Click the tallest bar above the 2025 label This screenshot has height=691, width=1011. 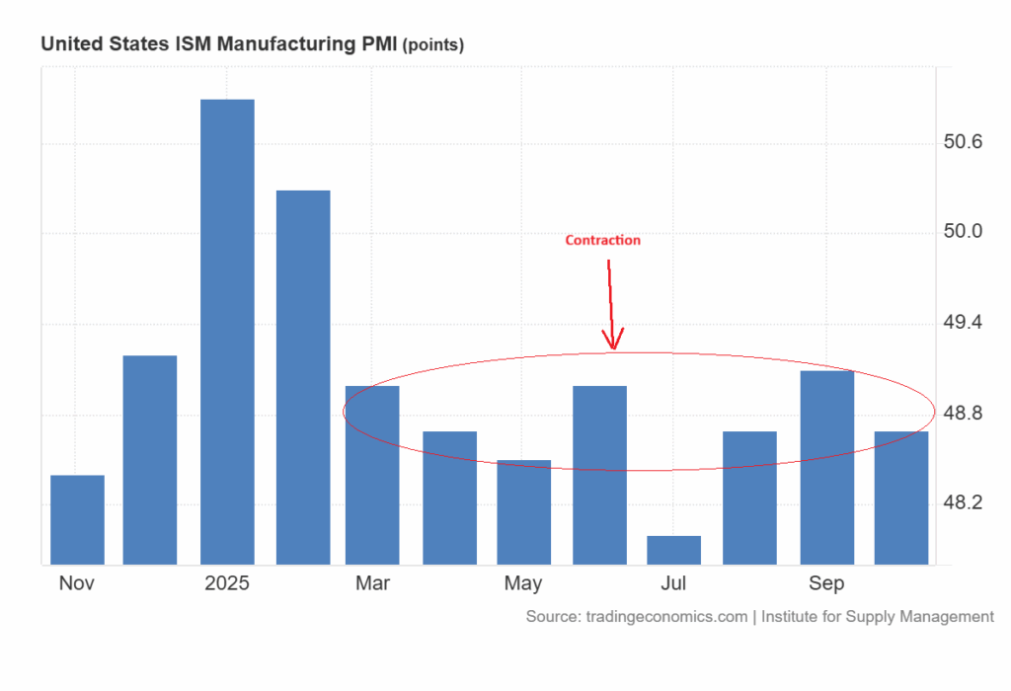click(x=227, y=332)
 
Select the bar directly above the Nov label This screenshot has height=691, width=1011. click(x=77, y=520)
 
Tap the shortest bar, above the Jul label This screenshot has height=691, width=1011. click(x=673, y=551)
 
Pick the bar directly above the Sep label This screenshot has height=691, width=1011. click(x=826, y=468)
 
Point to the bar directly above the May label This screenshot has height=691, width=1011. click(x=523, y=512)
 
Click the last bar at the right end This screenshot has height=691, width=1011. click(x=901, y=499)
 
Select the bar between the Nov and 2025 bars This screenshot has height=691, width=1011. click(x=150, y=460)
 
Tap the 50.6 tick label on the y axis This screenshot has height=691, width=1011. click(x=964, y=143)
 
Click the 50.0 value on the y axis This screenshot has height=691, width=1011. click(x=964, y=233)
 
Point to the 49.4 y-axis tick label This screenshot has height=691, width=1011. click(x=964, y=323)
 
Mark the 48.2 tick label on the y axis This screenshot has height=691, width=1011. click(x=964, y=503)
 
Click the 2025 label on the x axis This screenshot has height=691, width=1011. click(x=227, y=583)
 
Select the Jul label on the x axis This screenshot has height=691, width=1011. click(x=673, y=583)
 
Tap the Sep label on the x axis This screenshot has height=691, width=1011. click(x=826, y=583)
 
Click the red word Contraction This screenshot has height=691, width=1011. click(x=602, y=240)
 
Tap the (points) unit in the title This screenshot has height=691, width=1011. click(x=432, y=45)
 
